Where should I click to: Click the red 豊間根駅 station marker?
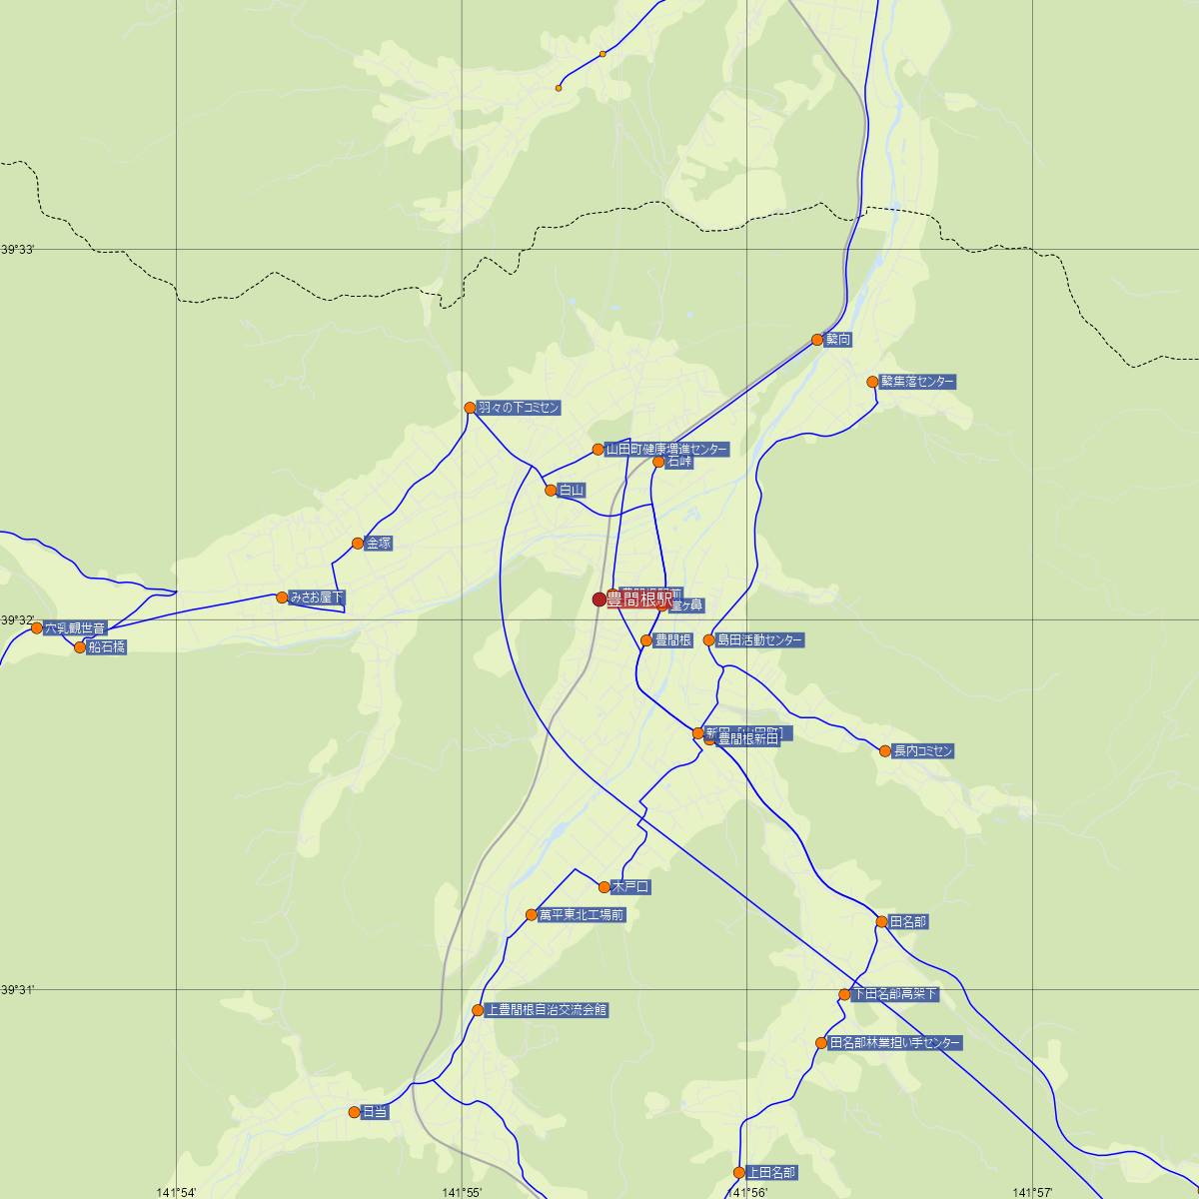click(599, 599)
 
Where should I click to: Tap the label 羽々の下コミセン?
click(519, 408)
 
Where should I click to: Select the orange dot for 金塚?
click(358, 544)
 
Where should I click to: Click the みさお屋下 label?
click(316, 598)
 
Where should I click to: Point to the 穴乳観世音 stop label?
click(74, 628)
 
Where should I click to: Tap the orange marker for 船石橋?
click(81, 647)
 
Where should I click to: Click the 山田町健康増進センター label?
click(666, 450)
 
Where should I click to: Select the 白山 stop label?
click(572, 491)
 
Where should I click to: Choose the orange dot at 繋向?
click(817, 340)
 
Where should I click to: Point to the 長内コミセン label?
click(923, 751)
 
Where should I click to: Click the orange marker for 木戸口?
click(604, 886)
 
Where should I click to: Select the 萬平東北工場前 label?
click(582, 915)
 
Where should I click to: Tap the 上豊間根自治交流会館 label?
click(546, 1010)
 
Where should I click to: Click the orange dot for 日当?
click(354, 1112)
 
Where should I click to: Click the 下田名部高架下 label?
click(894, 994)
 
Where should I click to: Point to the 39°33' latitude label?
click(18, 249)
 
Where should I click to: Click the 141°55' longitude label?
click(462, 1192)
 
